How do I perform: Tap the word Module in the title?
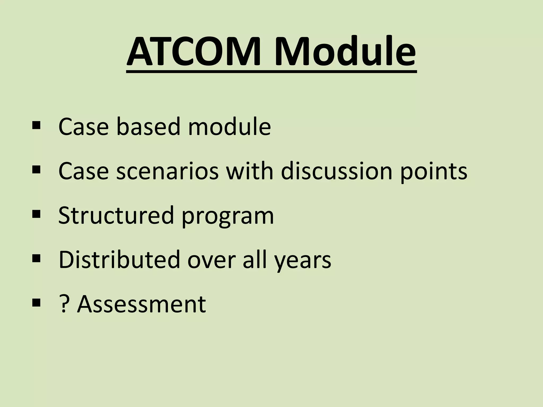click(345, 52)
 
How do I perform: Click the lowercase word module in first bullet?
click(229, 126)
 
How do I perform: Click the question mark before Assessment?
click(63, 304)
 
